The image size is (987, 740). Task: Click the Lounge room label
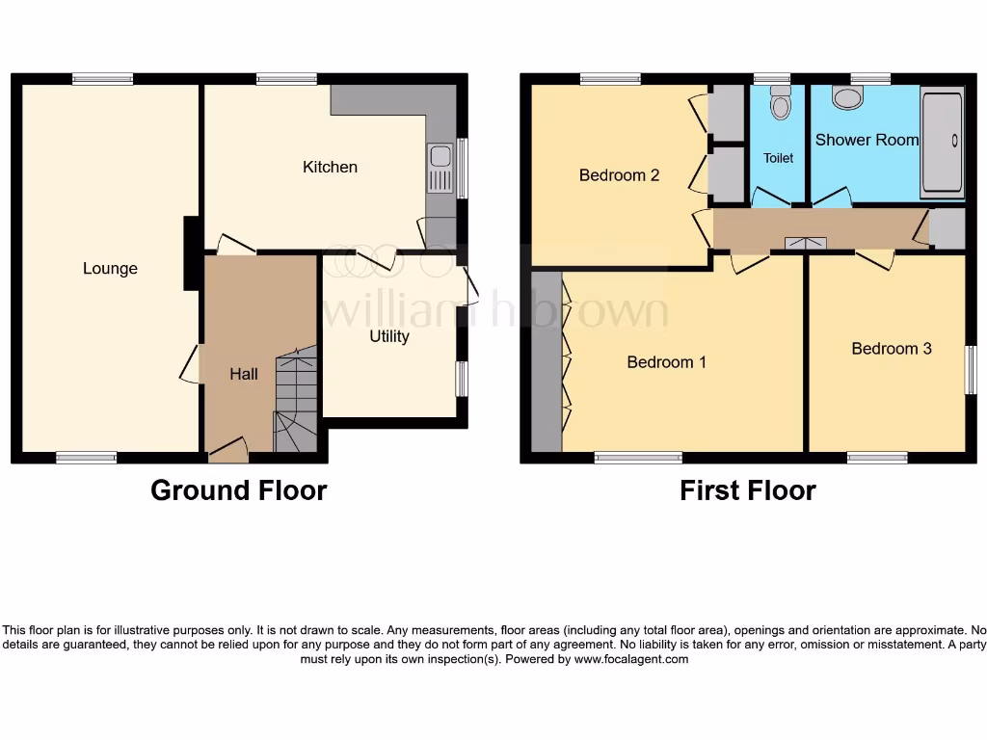coord(110,269)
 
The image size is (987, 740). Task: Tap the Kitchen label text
coord(330,168)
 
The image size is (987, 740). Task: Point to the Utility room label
coord(389,336)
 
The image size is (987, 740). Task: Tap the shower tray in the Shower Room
coord(942,142)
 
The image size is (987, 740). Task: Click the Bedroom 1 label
coord(666,362)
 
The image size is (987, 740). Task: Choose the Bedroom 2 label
coord(619,175)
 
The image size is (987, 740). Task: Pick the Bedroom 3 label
coord(892,349)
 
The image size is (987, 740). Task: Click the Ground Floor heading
coord(238,490)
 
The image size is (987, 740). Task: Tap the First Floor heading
coord(747,490)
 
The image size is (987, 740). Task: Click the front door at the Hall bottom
coord(227,446)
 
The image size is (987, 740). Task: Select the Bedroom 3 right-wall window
coord(971,369)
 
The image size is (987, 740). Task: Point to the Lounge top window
coord(102,80)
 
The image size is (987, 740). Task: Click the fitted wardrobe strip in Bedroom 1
coord(546,361)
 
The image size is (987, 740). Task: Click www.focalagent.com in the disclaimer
coord(631,660)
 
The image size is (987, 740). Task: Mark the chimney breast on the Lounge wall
coord(191,252)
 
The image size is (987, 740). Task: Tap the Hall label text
coord(243,374)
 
